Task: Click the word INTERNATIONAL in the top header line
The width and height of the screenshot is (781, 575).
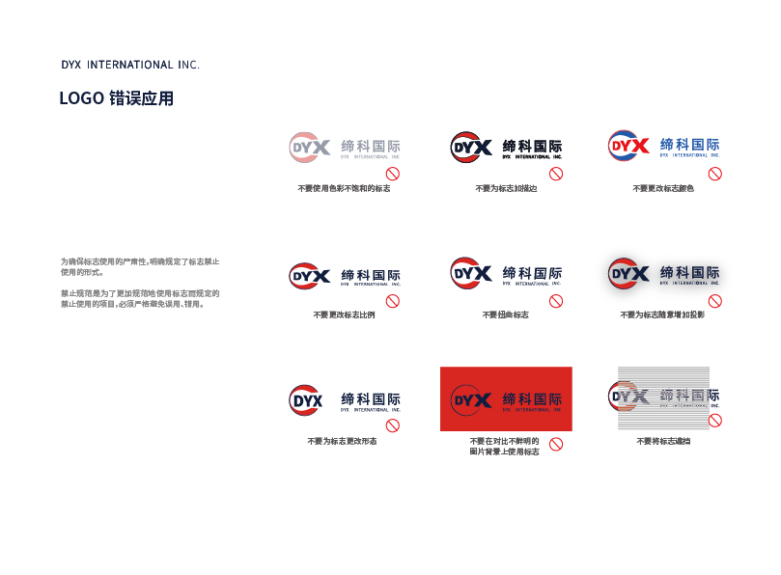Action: point(130,65)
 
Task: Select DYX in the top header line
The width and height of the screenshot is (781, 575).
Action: point(70,65)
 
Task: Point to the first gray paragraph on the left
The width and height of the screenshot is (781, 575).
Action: point(140,266)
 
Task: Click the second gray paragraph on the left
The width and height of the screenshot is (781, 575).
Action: point(140,297)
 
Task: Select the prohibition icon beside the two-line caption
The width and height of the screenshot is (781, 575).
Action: point(556,444)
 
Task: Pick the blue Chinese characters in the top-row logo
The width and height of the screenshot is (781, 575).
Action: point(689,145)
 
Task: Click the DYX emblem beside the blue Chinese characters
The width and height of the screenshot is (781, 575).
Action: point(628,146)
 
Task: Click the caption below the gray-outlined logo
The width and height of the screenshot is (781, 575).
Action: point(661,315)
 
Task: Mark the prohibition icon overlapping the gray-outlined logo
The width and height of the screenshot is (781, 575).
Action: point(715,301)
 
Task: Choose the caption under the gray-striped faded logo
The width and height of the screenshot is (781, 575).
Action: point(662,441)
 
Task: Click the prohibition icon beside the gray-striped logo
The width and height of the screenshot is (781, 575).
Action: point(715,421)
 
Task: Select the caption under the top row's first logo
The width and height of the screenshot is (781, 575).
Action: point(344,188)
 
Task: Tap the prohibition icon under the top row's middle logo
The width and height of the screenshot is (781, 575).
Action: point(556,174)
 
